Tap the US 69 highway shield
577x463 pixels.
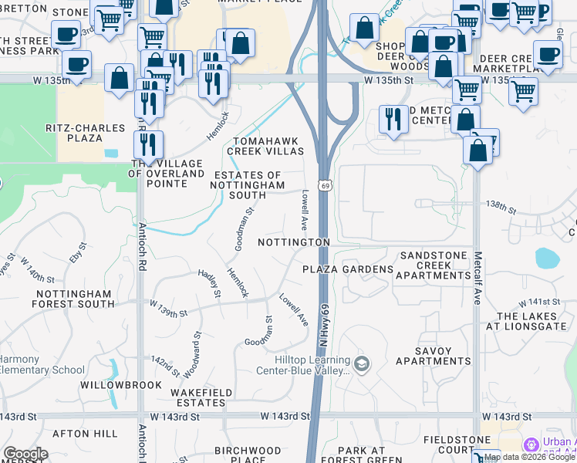point(326,186)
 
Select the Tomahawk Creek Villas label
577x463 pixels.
point(265,147)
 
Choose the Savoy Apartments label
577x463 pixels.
point(433,356)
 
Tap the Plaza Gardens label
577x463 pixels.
point(347,269)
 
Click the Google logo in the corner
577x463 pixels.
point(25,454)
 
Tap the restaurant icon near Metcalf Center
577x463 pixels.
point(393,120)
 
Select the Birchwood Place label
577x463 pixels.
point(248,455)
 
